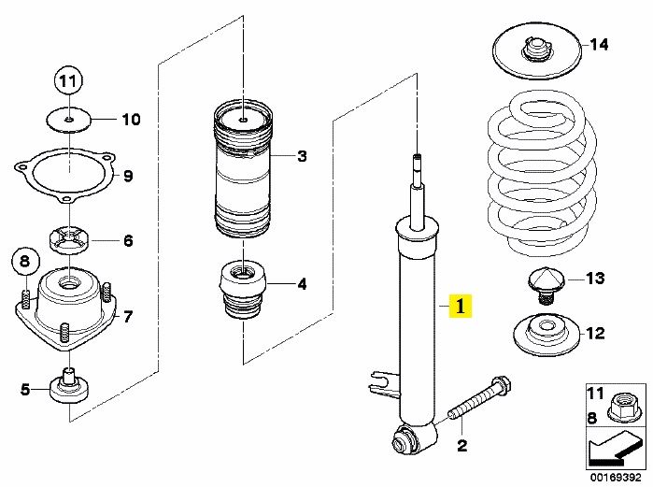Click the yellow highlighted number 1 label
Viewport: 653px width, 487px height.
[x=460, y=306]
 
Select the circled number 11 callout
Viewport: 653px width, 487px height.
[x=68, y=80]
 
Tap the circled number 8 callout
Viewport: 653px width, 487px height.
[x=25, y=262]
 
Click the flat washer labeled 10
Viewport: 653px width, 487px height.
[x=68, y=120]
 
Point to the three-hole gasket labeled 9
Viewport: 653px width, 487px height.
[x=65, y=177]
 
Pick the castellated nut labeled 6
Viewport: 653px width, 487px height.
[x=68, y=240]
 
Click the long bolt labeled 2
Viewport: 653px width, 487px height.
[x=479, y=398]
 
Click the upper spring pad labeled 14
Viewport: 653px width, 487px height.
[x=537, y=51]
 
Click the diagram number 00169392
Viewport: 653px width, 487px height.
[x=616, y=477]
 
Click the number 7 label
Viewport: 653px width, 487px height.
[x=127, y=317]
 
